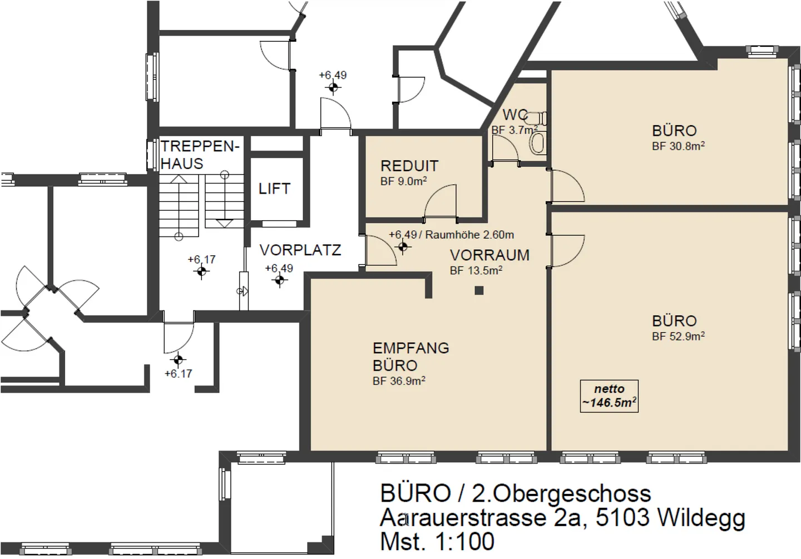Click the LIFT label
click(x=274, y=189)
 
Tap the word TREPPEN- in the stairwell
click(x=200, y=146)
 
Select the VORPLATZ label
click(x=300, y=250)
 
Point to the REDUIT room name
click(x=409, y=166)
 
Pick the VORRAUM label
click(x=489, y=255)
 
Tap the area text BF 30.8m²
click(x=679, y=146)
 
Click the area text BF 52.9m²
click(x=679, y=336)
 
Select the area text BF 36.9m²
click(x=399, y=381)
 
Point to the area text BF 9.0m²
click(x=404, y=181)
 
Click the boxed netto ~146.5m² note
click(x=609, y=396)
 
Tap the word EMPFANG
click(x=411, y=348)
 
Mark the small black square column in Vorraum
click(x=479, y=290)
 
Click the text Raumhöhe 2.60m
click(x=469, y=235)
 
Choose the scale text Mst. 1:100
click(x=437, y=541)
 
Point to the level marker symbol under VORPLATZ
click(x=280, y=280)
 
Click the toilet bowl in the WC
click(x=538, y=142)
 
